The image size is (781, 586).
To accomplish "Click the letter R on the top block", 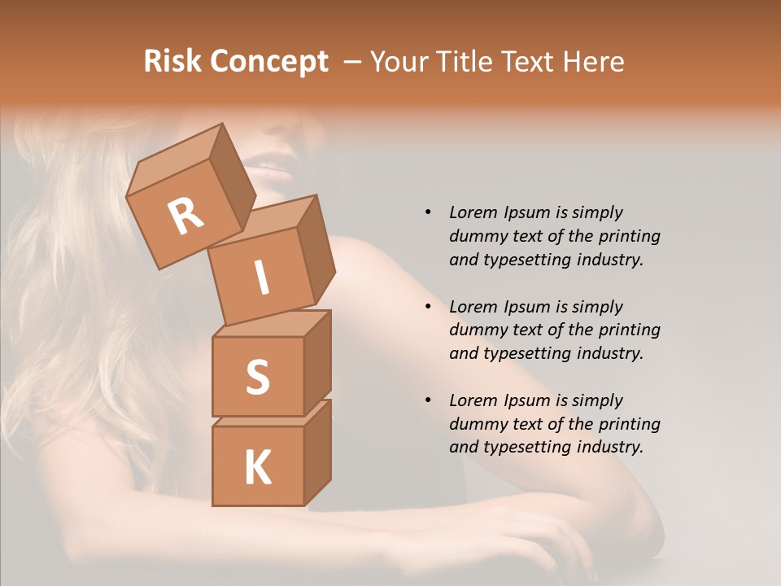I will (x=185, y=216).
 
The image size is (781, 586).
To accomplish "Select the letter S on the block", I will (x=257, y=376).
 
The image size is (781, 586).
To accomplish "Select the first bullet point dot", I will (x=428, y=213).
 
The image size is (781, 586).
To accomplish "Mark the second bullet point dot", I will (x=428, y=307).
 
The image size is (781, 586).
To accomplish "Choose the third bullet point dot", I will (x=428, y=400).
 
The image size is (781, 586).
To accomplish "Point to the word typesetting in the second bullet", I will (x=529, y=353).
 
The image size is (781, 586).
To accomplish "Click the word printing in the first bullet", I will (x=630, y=236).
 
